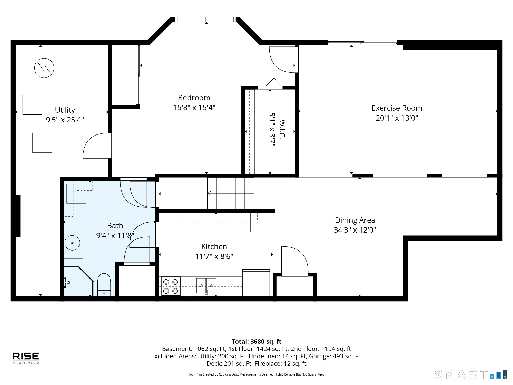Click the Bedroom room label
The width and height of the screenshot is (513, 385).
click(x=194, y=98)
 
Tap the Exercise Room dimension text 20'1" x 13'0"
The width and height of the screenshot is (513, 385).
click(x=397, y=118)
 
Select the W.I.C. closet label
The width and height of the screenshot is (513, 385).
click(x=282, y=129)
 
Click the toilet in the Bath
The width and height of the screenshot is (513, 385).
click(x=104, y=285)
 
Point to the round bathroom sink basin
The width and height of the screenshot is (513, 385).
click(x=72, y=243)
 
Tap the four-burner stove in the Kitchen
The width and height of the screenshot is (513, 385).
click(x=171, y=286)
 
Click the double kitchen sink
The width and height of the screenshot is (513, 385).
click(x=206, y=286)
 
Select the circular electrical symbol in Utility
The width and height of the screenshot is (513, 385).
click(x=44, y=68)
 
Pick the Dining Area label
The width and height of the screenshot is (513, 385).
click(x=355, y=220)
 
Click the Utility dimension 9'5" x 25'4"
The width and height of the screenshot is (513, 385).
click(x=65, y=120)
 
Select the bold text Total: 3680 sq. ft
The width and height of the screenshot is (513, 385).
click(x=256, y=342)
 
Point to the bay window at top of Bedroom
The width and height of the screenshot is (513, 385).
click(x=205, y=20)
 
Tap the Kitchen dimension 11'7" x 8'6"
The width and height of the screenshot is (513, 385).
click(x=214, y=256)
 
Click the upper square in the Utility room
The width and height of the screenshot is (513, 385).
click(x=32, y=105)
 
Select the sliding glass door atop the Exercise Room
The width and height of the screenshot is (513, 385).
click(x=362, y=43)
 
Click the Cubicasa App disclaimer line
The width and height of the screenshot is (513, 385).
click(x=256, y=374)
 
